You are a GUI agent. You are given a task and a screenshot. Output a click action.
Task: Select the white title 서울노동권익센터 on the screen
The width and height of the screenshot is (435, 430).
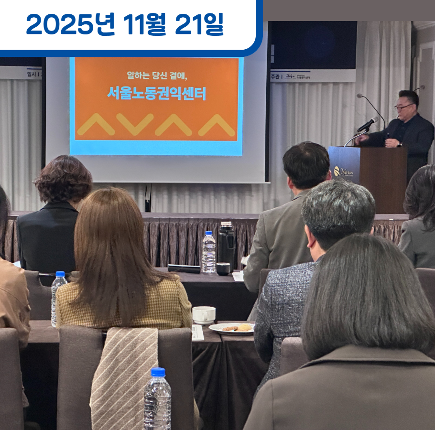[156, 93]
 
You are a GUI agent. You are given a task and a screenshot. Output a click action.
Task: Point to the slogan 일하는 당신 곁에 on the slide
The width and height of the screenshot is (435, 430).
[156, 75]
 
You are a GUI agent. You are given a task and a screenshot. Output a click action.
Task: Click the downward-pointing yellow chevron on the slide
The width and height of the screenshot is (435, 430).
[135, 124]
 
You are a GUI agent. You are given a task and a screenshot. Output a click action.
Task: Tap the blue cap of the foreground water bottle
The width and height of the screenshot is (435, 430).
[158, 372]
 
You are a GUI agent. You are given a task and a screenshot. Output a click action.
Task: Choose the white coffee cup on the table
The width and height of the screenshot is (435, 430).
[204, 315]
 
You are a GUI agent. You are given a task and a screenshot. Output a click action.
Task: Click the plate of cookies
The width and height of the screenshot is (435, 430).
[232, 328]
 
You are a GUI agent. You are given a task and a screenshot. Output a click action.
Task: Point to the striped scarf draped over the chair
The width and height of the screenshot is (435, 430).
[125, 377]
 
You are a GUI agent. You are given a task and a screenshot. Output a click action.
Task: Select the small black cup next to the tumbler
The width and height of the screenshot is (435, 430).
[223, 269]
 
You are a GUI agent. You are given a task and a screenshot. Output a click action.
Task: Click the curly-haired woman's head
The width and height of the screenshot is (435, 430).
[64, 178]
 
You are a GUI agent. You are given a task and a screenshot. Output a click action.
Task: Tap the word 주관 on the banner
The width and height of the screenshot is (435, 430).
[275, 76]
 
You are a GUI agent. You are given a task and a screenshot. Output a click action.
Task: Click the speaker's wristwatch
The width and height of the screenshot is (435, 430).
[399, 143]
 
